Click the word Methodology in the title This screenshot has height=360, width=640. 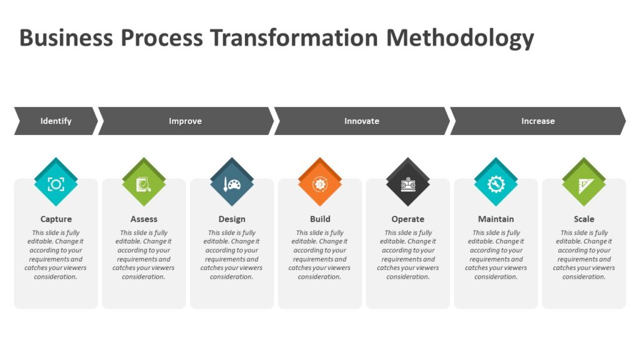[x=460, y=37]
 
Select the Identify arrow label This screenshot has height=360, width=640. [x=56, y=121]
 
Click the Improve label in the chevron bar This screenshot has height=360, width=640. [x=186, y=121]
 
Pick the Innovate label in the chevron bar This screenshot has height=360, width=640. [x=362, y=121]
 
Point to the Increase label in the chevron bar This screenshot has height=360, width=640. [x=538, y=121]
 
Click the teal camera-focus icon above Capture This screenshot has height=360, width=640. [x=56, y=183]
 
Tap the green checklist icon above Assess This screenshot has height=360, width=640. [x=144, y=183]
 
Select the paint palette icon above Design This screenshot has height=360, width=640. [x=232, y=183]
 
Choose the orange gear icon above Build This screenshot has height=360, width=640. [x=320, y=183]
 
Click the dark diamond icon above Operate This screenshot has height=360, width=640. [x=407, y=183]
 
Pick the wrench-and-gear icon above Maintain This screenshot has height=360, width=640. [x=496, y=183]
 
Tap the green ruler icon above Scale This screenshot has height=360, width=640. [x=584, y=183]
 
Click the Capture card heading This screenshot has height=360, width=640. [x=56, y=219]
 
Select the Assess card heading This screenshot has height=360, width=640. [x=144, y=219]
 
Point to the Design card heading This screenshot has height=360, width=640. [x=232, y=219]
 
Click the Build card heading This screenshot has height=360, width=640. [x=320, y=219]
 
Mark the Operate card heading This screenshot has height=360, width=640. [x=407, y=219]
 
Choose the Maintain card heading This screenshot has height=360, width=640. [x=496, y=219]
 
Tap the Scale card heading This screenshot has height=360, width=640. [x=584, y=219]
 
